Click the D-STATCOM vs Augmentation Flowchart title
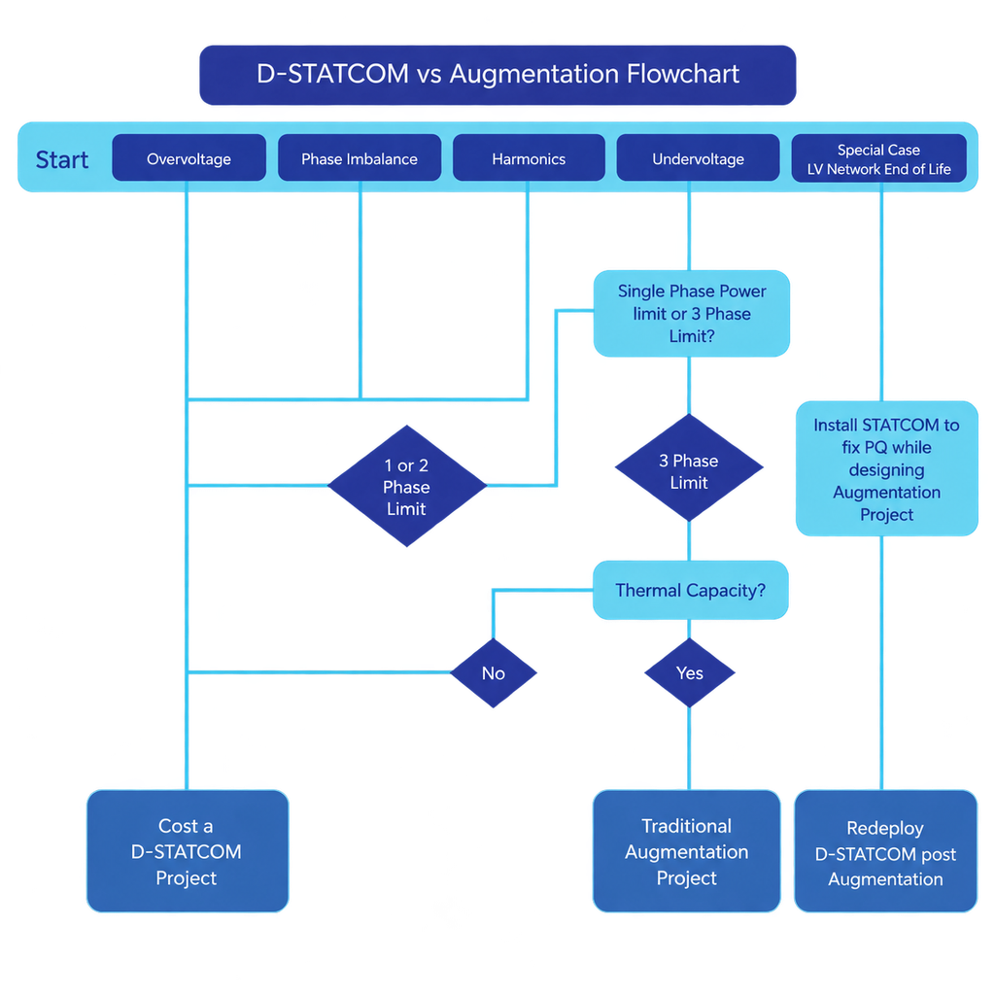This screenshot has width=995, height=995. point(497,75)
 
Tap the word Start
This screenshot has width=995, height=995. point(61,160)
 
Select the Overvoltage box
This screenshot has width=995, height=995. point(189,158)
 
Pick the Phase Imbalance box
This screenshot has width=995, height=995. point(360,158)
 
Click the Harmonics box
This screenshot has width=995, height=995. point(529,158)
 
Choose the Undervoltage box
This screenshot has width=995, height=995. point(698,158)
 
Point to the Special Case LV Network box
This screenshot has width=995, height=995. point(878,158)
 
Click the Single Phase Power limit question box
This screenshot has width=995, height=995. point(692,314)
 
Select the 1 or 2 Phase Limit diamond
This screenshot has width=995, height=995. point(407,486)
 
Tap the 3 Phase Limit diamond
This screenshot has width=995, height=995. point(689,468)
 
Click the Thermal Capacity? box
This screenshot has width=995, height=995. point(691,590)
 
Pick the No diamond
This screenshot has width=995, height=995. point(494,672)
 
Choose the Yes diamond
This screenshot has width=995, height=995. point(690,672)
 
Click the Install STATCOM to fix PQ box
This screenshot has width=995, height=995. point(886,469)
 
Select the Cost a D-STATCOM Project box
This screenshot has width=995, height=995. point(188,851)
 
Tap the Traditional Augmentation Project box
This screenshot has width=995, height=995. point(687,851)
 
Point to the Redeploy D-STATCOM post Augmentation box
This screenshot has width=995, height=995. point(886,851)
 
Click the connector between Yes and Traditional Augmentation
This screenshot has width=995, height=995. point(690,749)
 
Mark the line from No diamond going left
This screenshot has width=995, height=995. point(319,672)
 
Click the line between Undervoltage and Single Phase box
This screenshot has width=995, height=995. point(690,225)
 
